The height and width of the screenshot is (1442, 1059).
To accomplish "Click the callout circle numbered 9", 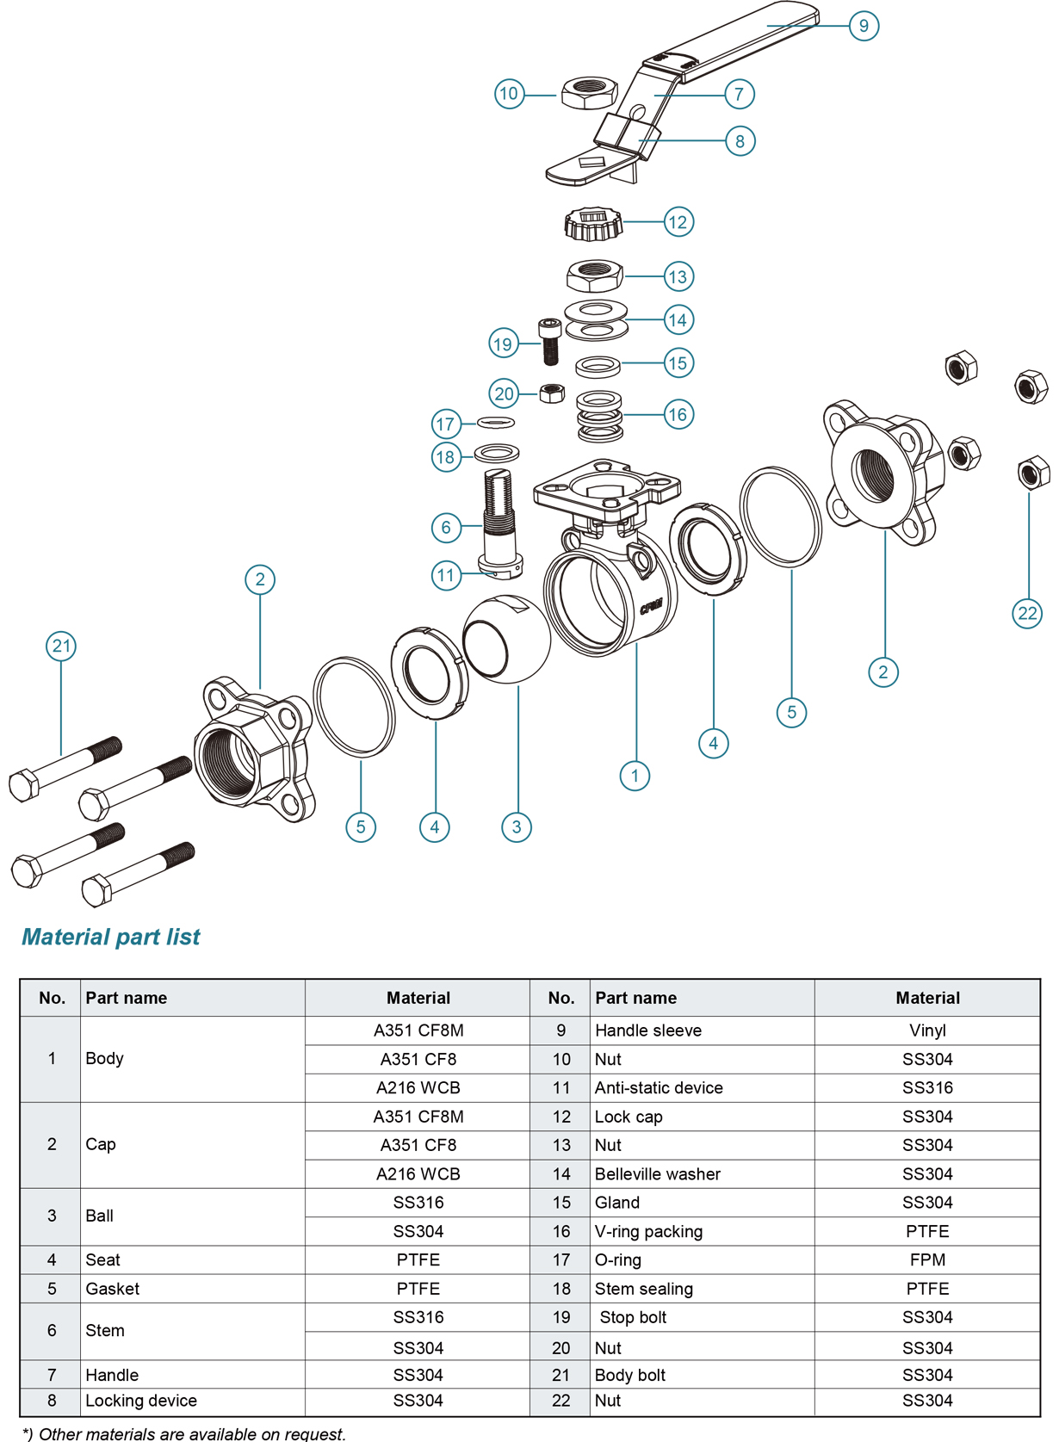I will (864, 25).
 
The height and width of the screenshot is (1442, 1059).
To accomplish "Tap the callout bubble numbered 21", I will (61, 646).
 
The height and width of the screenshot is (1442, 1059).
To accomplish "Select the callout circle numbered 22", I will (1027, 614).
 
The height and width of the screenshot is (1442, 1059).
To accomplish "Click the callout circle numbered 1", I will (635, 776).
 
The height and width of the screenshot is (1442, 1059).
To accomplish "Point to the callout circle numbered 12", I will (678, 222).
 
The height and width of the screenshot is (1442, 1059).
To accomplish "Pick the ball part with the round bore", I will (506, 639).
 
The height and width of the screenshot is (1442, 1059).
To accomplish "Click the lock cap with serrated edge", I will (593, 224).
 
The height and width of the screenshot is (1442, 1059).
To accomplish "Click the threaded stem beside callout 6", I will (499, 517).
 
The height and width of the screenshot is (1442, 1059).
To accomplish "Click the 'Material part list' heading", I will (111, 937).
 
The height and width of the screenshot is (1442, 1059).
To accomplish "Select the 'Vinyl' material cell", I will (927, 1030).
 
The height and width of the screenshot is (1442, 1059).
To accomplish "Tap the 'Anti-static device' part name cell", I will (659, 1088).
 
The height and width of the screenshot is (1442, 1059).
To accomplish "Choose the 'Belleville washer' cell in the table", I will (657, 1174).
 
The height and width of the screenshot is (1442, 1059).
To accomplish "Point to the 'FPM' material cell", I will (927, 1260).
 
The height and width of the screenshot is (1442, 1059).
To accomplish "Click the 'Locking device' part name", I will (141, 1401).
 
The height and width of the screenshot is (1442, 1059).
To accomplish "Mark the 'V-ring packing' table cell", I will (648, 1232).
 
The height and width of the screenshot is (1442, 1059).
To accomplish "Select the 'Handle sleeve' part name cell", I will (647, 1030).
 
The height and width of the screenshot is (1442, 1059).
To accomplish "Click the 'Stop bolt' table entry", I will (633, 1318).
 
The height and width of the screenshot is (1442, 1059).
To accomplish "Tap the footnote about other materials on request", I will (184, 1433).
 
